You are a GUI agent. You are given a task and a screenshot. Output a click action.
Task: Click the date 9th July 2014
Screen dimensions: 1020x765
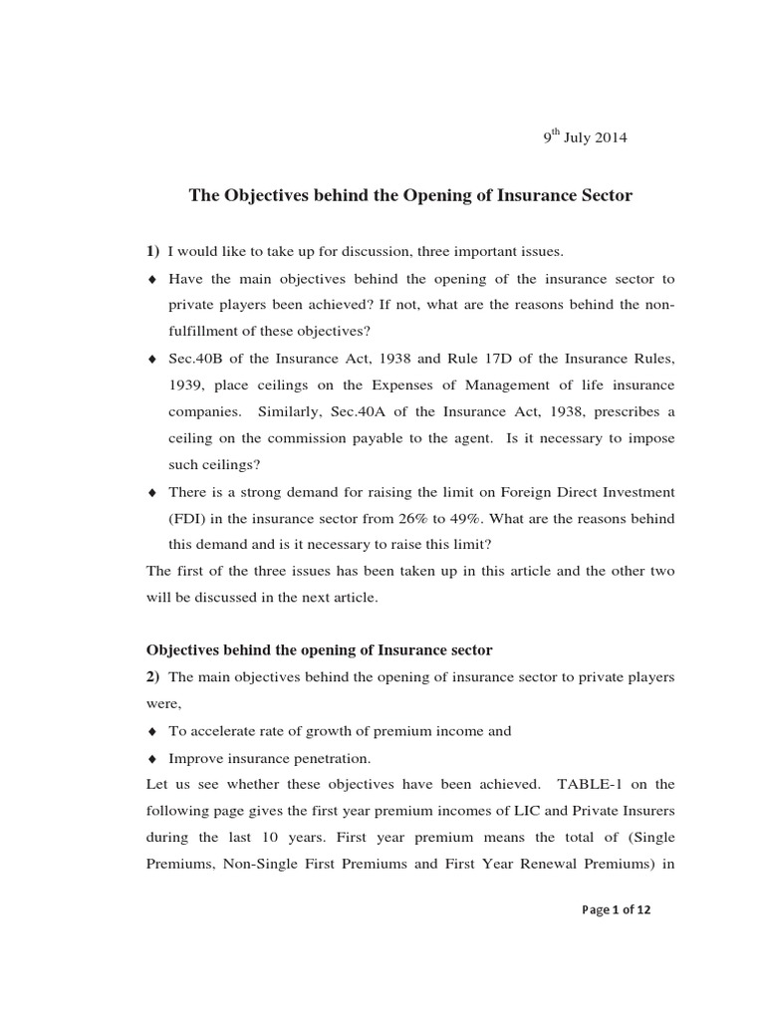point(585,137)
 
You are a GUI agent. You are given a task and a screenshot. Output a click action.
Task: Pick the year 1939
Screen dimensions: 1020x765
point(185,384)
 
